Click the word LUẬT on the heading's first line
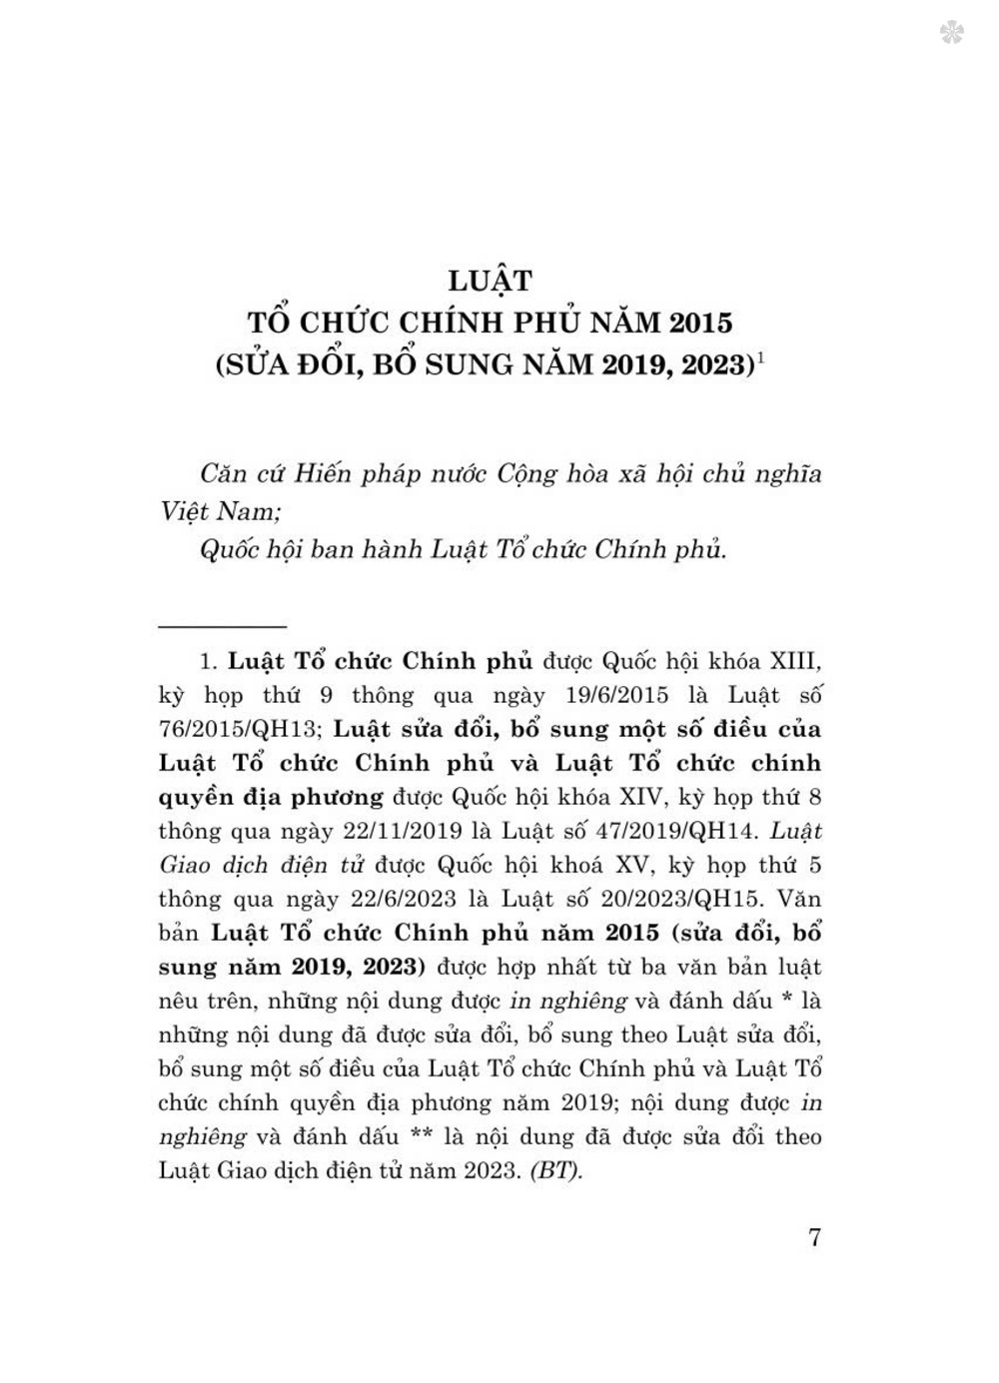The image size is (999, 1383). click(x=490, y=281)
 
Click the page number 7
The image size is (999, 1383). click(x=814, y=1237)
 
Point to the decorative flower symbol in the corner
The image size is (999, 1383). click(x=951, y=34)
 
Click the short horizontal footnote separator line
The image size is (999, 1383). click(x=223, y=626)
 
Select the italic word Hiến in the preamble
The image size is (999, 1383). click(x=325, y=472)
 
